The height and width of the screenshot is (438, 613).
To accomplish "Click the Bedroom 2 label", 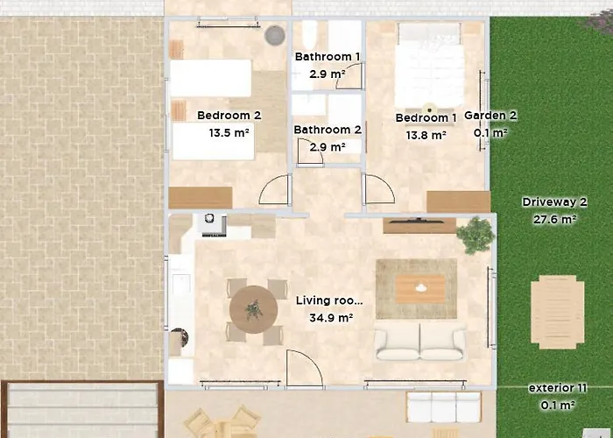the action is pos(229,116).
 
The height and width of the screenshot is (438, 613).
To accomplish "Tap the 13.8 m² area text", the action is pos(426,135).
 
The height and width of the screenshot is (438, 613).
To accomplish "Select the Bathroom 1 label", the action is pos(328,57).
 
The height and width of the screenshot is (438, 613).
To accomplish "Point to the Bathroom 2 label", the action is pos(328,130).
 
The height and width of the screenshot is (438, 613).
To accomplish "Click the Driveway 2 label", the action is pos(554,202).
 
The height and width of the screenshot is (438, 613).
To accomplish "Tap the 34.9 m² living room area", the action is pos(331,317).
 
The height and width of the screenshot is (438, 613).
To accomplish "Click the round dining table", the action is pos(253,310).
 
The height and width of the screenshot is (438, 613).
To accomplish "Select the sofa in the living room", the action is pos(420,342).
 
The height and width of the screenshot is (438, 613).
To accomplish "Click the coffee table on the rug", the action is pos(420,289).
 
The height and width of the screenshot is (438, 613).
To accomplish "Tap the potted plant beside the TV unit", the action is pos(476,236).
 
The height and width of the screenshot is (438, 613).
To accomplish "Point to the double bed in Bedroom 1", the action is pos(429,66).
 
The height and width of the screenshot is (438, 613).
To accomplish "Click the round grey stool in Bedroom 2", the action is pos(274,36).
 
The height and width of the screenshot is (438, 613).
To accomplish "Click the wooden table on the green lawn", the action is pos(558,312).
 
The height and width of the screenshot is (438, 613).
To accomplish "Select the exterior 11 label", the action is pos(558,388).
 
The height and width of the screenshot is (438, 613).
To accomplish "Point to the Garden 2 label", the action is pos(490,116).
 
